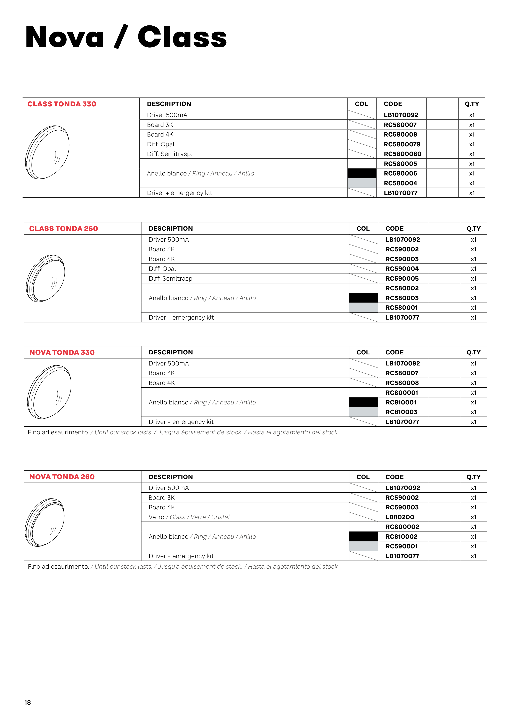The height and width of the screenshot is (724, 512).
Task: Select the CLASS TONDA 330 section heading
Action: (x=62, y=104)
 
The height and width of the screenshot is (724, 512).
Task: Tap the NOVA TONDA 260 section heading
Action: (x=62, y=477)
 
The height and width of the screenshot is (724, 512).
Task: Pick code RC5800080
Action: (x=402, y=154)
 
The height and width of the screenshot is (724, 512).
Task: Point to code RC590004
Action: (x=402, y=269)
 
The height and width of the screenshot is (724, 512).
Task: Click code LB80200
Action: (x=399, y=517)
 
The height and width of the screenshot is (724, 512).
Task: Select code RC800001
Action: (x=402, y=393)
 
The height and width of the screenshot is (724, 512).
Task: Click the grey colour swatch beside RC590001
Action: (x=363, y=546)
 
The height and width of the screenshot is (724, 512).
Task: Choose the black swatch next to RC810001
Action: (x=363, y=402)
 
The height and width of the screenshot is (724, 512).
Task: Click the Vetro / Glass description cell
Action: (x=189, y=517)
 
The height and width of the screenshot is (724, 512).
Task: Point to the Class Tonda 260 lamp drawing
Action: (x=46, y=278)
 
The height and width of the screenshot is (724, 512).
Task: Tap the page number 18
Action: (x=27, y=702)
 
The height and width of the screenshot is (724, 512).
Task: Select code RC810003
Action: (x=401, y=412)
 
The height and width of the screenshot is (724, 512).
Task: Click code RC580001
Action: (x=401, y=308)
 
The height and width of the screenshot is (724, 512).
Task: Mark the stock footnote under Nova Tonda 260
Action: (x=183, y=567)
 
